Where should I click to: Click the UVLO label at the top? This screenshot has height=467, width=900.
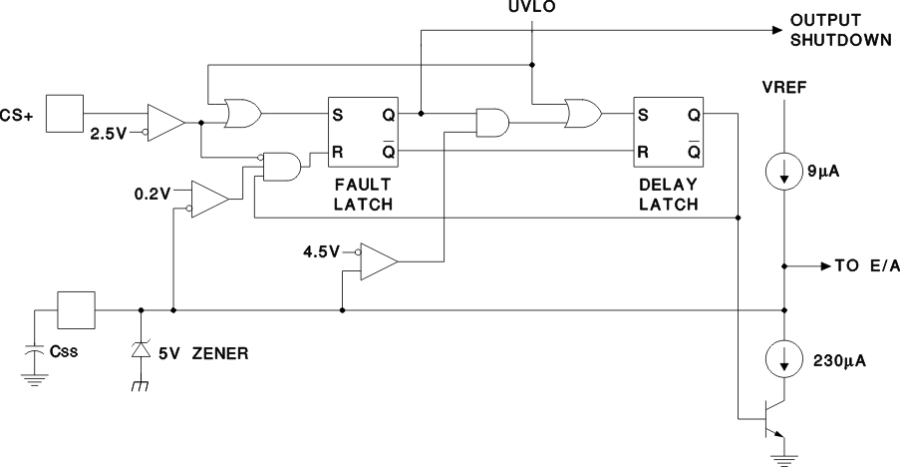[x=531, y=8]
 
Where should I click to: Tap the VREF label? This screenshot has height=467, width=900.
[x=784, y=87]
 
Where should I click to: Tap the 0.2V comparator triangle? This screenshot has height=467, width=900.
[x=208, y=198]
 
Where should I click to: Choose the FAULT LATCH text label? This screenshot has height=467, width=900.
[x=362, y=196]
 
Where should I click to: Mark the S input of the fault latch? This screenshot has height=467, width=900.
[x=338, y=114]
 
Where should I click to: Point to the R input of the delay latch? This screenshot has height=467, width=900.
[x=643, y=152]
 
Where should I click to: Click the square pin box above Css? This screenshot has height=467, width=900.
[x=76, y=309]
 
